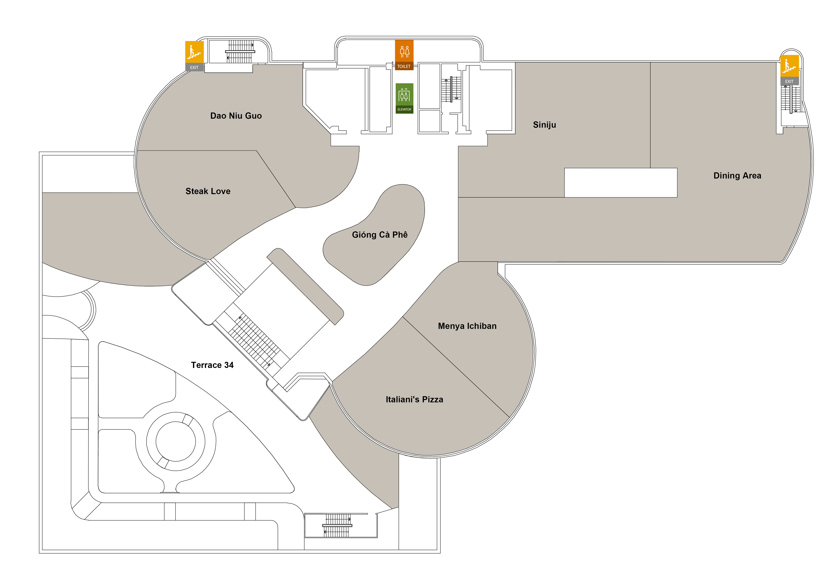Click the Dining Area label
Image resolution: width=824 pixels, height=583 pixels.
737,175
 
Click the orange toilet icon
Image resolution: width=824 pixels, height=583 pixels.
404,51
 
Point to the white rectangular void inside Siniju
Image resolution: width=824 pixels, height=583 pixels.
621,182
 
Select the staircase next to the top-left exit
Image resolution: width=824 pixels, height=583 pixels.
240,52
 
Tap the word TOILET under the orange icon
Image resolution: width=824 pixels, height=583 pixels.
404,66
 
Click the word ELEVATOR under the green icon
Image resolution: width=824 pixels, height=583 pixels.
404,110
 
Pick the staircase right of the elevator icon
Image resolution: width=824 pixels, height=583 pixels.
451,89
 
